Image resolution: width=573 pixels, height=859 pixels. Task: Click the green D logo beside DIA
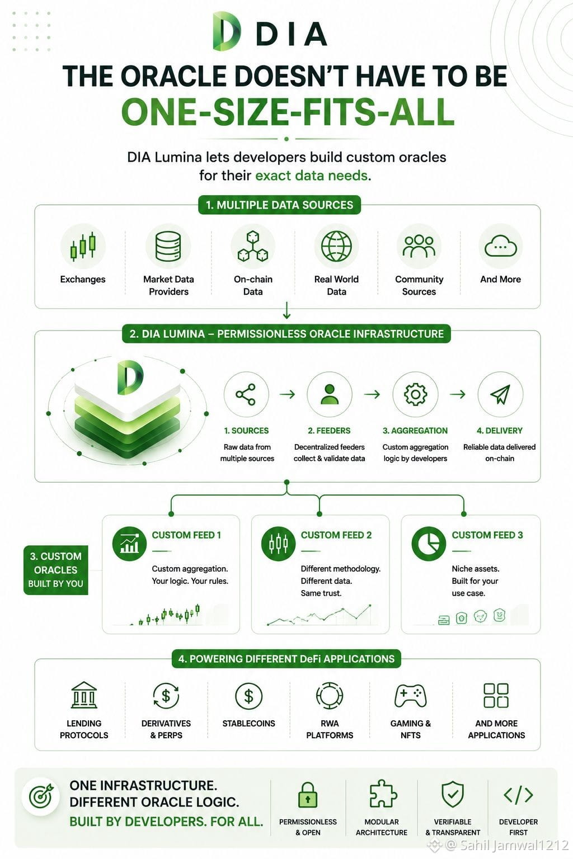pos(227,31)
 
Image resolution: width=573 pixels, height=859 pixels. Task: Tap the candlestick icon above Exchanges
pos(82,246)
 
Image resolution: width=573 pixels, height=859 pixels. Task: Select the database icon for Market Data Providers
pos(168,246)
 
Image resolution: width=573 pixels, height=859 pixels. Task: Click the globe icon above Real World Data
pos(336,246)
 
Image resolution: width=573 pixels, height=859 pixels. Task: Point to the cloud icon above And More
pos(500,246)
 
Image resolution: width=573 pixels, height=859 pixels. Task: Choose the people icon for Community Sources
pos(419,246)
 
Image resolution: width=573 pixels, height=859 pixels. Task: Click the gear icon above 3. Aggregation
pos(415,394)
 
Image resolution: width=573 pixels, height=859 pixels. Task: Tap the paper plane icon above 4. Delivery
pos(500,394)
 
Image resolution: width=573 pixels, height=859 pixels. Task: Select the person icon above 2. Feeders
pos(329,394)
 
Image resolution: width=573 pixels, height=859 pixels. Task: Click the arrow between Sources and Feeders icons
pos(287,394)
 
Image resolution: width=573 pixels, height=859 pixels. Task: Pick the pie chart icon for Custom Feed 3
pos(428,544)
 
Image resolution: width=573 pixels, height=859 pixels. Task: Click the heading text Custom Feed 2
pos(336,535)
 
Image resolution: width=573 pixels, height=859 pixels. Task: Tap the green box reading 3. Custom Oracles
pos(55,570)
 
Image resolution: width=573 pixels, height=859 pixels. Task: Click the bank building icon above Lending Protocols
pos(84,695)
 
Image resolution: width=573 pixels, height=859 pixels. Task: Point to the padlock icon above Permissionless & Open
pos(307,795)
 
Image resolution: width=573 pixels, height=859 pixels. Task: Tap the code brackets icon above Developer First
pos(518,795)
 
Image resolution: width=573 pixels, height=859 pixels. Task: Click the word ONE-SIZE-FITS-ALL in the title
pos(288,112)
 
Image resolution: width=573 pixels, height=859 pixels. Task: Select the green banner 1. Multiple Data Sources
pos(279,205)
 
